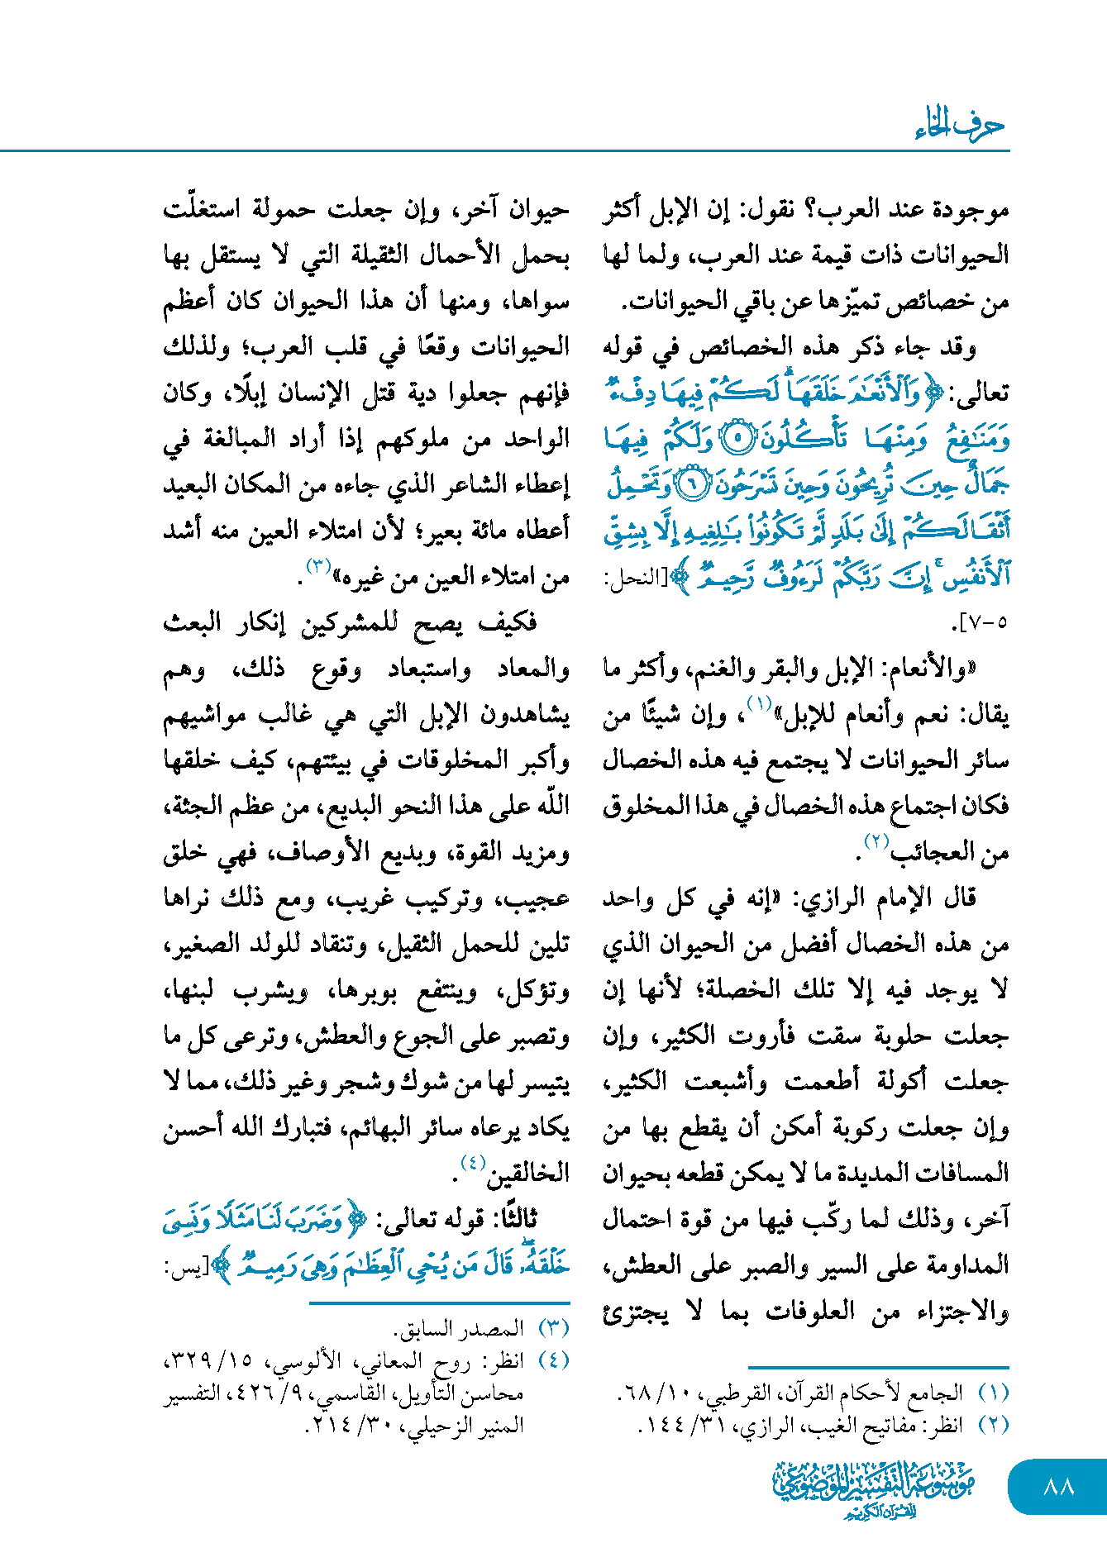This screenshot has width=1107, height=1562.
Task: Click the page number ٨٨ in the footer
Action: coord(1058,1487)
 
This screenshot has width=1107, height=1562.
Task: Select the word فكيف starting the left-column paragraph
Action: coord(509,622)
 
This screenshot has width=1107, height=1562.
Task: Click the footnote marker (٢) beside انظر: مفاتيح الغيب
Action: coord(993,1426)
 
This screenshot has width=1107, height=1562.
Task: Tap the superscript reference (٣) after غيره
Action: coord(318,567)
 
